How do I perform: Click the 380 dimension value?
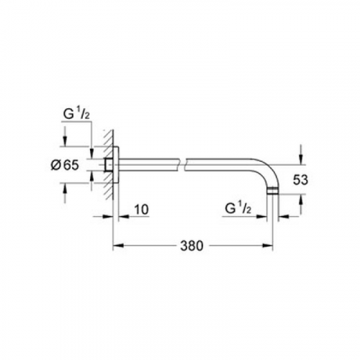[x=192, y=246]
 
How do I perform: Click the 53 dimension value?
[x=300, y=179]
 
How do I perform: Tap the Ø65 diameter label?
[x=65, y=165]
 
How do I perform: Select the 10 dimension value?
[x=141, y=210]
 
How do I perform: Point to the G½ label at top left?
[x=76, y=114]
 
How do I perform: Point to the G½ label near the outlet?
[x=238, y=209]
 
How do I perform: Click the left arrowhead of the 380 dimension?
[x=118, y=246]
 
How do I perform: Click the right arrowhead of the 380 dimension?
[x=267, y=246]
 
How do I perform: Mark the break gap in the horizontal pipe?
[x=182, y=165]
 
